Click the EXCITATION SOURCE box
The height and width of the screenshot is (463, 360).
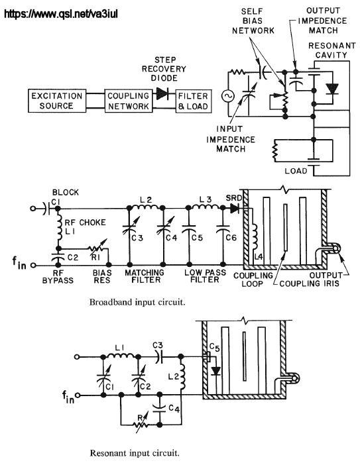tap(57, 101)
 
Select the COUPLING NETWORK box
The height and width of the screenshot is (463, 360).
tap(129, 101)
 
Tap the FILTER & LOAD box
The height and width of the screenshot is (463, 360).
tap(194, 101)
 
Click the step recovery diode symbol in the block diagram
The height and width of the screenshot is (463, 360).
tap(162, 93)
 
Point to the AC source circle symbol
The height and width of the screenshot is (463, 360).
tap(228, 96)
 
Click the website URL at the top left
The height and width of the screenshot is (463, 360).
tap(61, 13)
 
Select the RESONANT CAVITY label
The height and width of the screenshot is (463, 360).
tap(331, 50)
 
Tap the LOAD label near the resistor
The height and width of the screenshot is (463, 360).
tap(296, 171)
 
